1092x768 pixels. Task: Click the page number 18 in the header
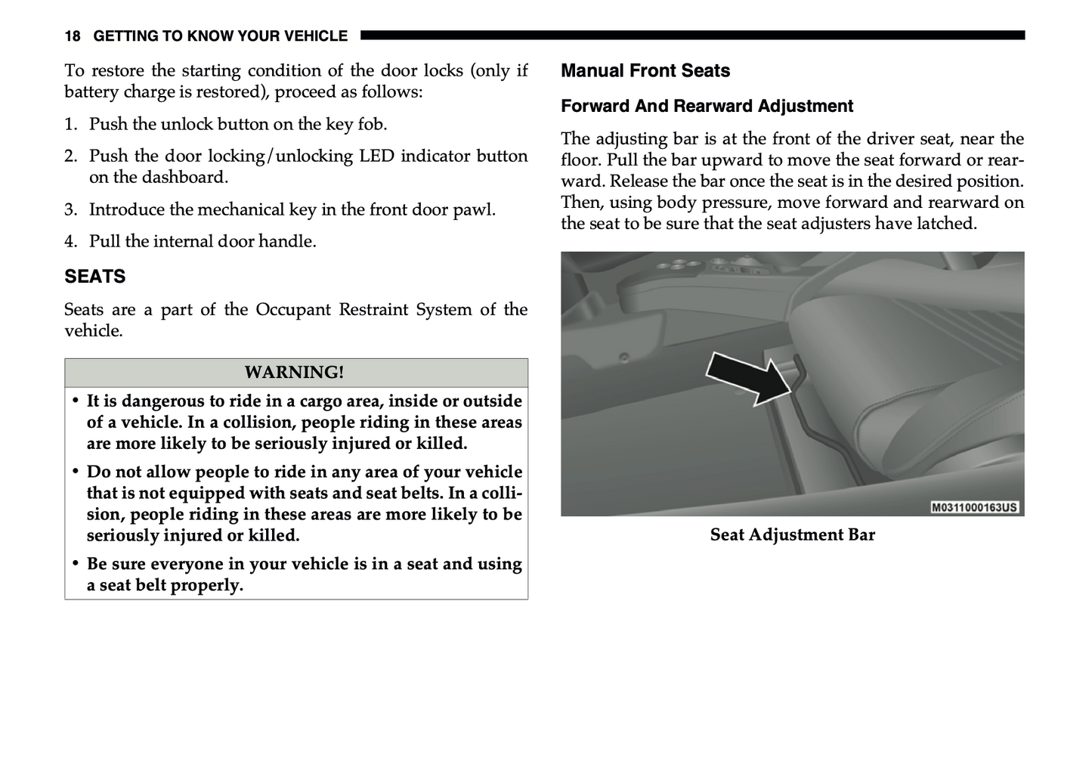(73, 36)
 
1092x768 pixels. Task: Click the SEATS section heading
(95, 277)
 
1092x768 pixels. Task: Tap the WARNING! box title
(294, 373)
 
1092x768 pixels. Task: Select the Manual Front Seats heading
(645, 71)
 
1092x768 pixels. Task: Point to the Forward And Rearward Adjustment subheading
(707, 107)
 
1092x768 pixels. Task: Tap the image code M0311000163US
(974, 507)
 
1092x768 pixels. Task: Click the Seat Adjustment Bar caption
(792, 535)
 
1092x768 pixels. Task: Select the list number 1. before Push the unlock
(70, 125)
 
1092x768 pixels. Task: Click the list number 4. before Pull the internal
(70, 242)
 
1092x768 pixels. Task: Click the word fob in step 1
(372, 125)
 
